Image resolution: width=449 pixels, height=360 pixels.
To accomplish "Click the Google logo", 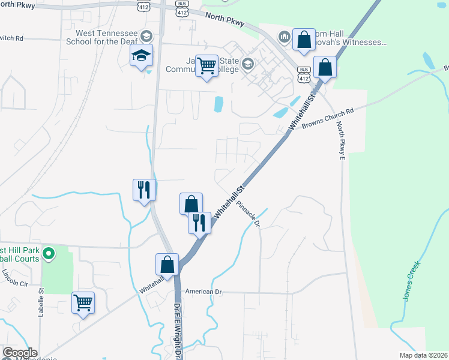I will tap(20, 353).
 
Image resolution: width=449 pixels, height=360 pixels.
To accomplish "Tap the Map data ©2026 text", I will tap(424, 355).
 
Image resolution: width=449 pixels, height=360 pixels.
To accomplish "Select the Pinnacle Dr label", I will tap(247, 213).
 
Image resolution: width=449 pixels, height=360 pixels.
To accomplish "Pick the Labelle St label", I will tap(42, 306).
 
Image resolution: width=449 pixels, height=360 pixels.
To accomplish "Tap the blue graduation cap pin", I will tap(141, 56).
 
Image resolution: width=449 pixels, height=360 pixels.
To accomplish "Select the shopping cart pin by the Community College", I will tap(206, 66).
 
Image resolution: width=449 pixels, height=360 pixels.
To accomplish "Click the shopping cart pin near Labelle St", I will tap(82, 302).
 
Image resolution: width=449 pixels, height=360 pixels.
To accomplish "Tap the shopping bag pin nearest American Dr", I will tap(167, 265).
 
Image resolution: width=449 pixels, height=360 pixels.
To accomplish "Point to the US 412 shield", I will tap(142, 6).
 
